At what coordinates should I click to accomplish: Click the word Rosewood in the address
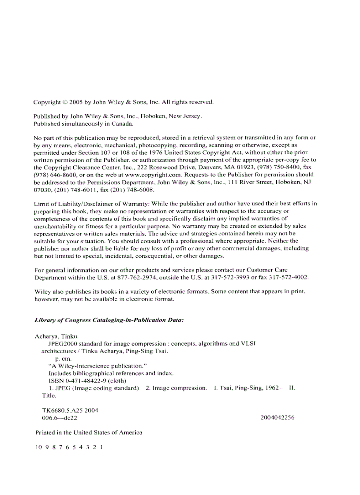pos(160,167)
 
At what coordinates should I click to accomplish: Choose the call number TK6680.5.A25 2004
pos(70,410)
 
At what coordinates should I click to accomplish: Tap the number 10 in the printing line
pos(38,447)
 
